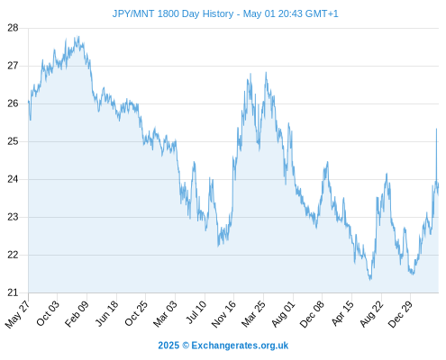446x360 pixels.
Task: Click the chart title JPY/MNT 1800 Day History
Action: coord(173,13)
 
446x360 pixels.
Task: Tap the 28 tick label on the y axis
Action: coord(13,28)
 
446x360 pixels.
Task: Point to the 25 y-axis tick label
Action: coord(13,141)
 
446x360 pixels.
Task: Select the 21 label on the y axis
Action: coord(13,292)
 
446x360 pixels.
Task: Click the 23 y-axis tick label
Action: coord(13,217)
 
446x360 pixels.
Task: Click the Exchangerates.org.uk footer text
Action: coord(240,346)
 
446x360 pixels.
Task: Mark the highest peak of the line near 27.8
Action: coord(78,36)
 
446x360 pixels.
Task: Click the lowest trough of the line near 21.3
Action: coord(370,280)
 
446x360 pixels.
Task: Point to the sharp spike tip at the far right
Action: coord(436,129)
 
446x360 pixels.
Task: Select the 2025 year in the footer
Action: coord(168,346)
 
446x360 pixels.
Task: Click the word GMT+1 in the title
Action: coord(322,13)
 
